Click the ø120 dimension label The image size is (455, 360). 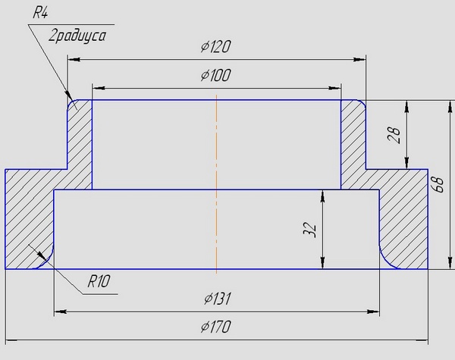click(x=216, y=47)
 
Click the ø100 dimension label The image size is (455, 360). click(x=216, y=76)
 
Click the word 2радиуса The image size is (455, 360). click(x=76, y=35)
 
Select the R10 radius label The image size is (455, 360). click(x=99, y=281)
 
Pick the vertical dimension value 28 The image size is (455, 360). click(x=394, y=135)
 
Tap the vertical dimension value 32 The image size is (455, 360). click(x=309, y=230)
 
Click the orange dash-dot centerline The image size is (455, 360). click(x=217, y=182)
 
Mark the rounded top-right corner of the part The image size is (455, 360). click(x=362, y=105)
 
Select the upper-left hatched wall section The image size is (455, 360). click(x=80, y=144)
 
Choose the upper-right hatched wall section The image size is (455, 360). click(x=353, y=144)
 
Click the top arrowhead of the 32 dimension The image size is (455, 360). click(x=324, y=195)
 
